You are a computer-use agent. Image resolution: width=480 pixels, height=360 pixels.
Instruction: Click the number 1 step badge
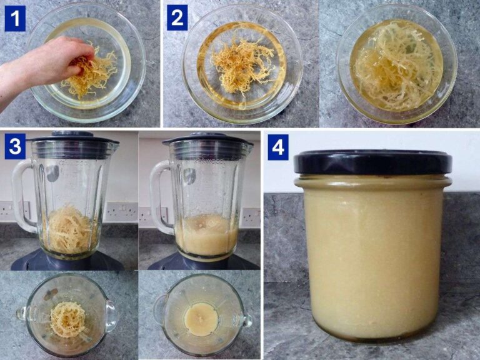15,19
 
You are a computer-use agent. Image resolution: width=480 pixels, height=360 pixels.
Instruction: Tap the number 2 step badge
177,19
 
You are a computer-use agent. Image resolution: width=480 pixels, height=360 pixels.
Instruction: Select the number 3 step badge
15,147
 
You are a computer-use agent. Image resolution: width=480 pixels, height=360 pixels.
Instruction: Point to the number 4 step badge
278,149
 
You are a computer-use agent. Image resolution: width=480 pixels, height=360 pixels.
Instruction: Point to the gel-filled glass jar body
372,256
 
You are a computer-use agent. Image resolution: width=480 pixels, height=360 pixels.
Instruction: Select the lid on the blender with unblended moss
73,138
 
